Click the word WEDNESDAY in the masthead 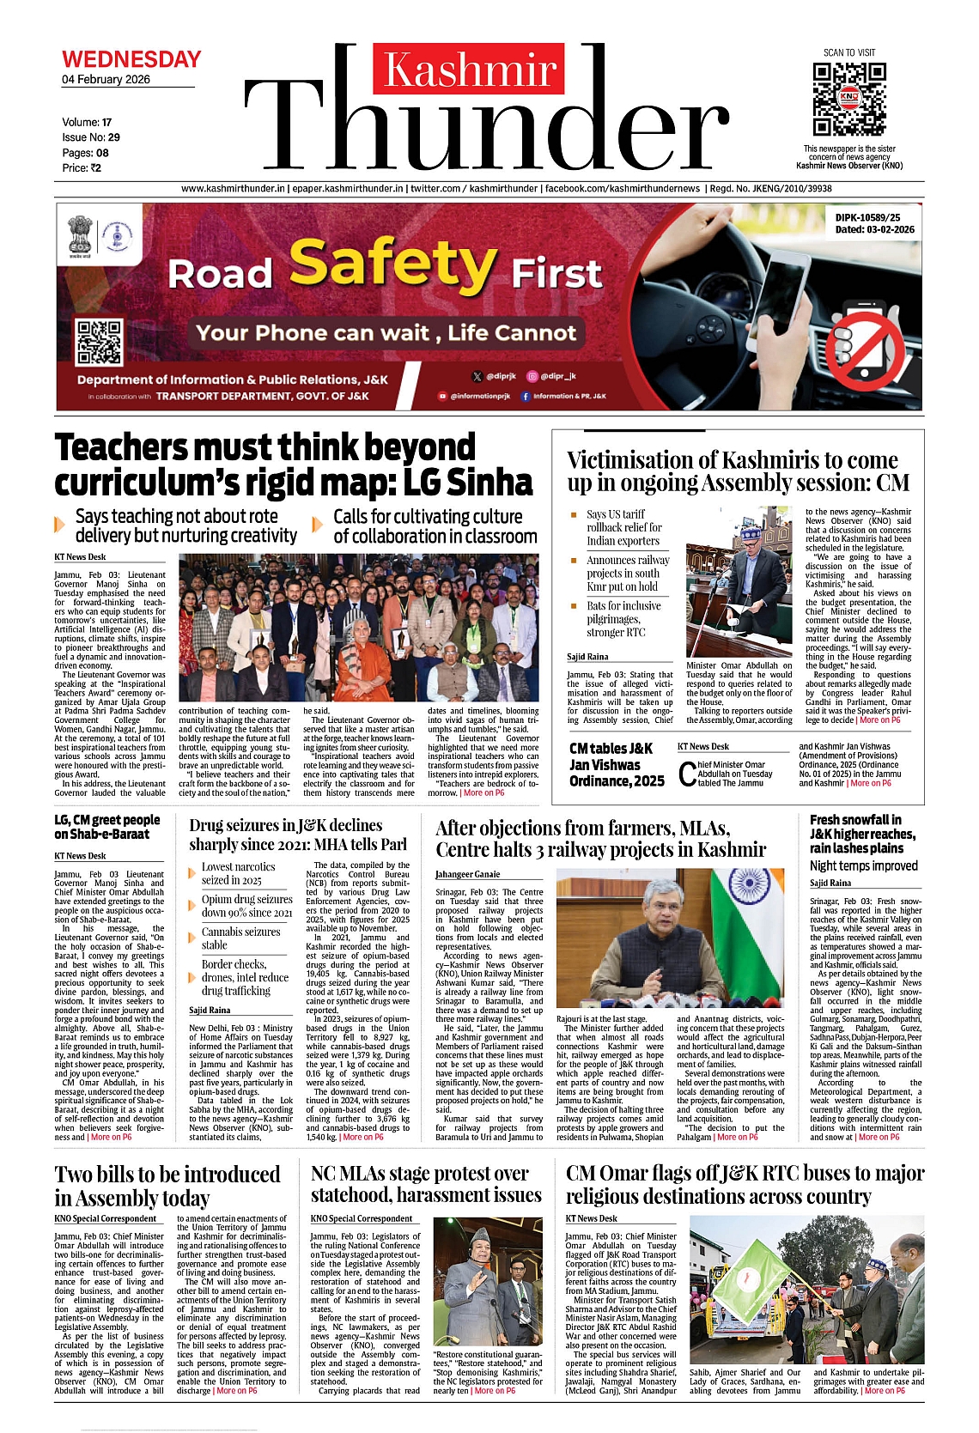point(131,59)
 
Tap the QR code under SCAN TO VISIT point(848,99)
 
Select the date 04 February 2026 point(106,80)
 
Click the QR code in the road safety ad point(100,342)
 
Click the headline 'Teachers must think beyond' point(265,447)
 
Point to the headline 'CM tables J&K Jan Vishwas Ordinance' point(617,764)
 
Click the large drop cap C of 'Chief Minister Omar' point(687,774)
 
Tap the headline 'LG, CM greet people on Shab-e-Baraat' point(107,827)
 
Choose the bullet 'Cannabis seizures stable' point(240,938)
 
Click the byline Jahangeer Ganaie point(467,874)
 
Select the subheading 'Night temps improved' point(863,865)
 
